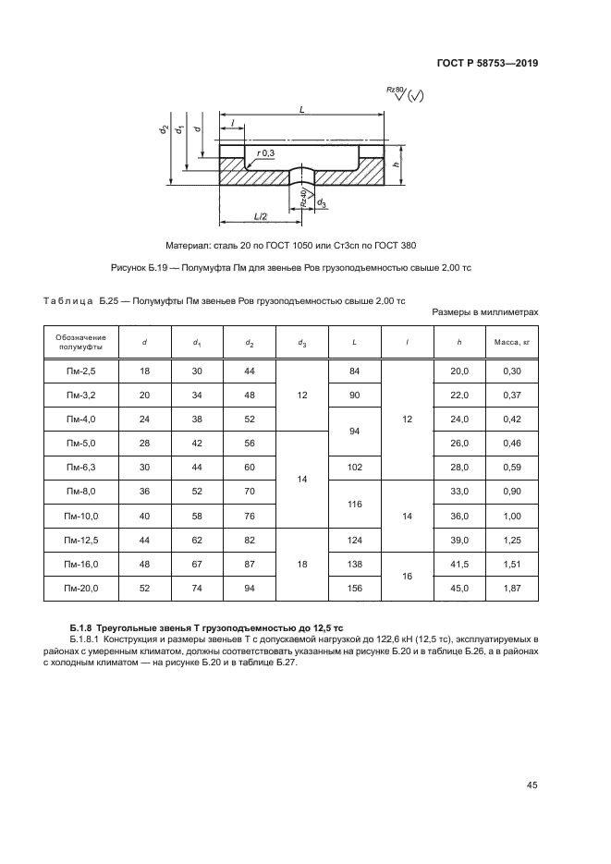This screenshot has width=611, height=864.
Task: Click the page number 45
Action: pos(532,785)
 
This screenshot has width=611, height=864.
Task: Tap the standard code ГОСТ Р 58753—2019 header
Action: pos(488,64)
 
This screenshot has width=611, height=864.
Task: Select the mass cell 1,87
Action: pos(511,587)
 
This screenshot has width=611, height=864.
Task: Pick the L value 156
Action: pos(355,587)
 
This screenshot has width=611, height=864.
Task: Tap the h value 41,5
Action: pos(459,563)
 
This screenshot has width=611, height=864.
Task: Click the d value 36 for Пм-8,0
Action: pos(145,491)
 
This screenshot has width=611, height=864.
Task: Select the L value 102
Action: pos(355,467)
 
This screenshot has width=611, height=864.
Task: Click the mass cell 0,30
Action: pos(511,371)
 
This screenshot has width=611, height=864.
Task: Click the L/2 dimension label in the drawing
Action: pos(261,216)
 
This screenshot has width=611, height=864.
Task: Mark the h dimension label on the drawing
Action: pos(396,165)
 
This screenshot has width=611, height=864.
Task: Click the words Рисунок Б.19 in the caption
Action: pos(140,268)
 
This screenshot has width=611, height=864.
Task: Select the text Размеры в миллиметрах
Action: pos(485,312)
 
